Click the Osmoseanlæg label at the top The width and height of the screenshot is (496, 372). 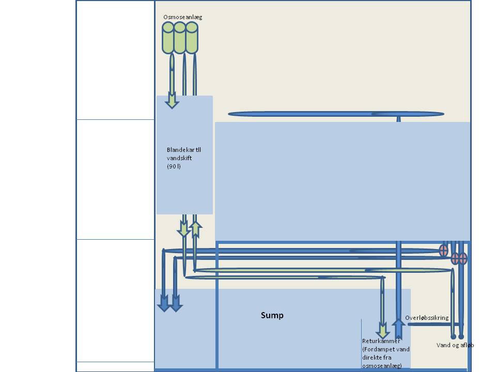click(182, 17)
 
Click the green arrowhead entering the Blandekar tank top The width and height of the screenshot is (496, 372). click(172, 101)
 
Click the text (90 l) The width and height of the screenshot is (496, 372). click(174, 166)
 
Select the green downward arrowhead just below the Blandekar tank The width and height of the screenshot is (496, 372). click(184, 230)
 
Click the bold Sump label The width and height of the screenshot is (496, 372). click(272, 315)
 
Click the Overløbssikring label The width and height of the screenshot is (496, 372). click(427, 318)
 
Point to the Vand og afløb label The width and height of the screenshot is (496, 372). click(455, 345)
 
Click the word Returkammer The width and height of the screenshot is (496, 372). click(381, 341)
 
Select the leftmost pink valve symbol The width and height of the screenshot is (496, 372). click(443, 251)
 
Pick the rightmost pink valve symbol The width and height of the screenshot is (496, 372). click(463, 258)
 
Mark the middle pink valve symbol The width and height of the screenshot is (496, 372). click(455, 258)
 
